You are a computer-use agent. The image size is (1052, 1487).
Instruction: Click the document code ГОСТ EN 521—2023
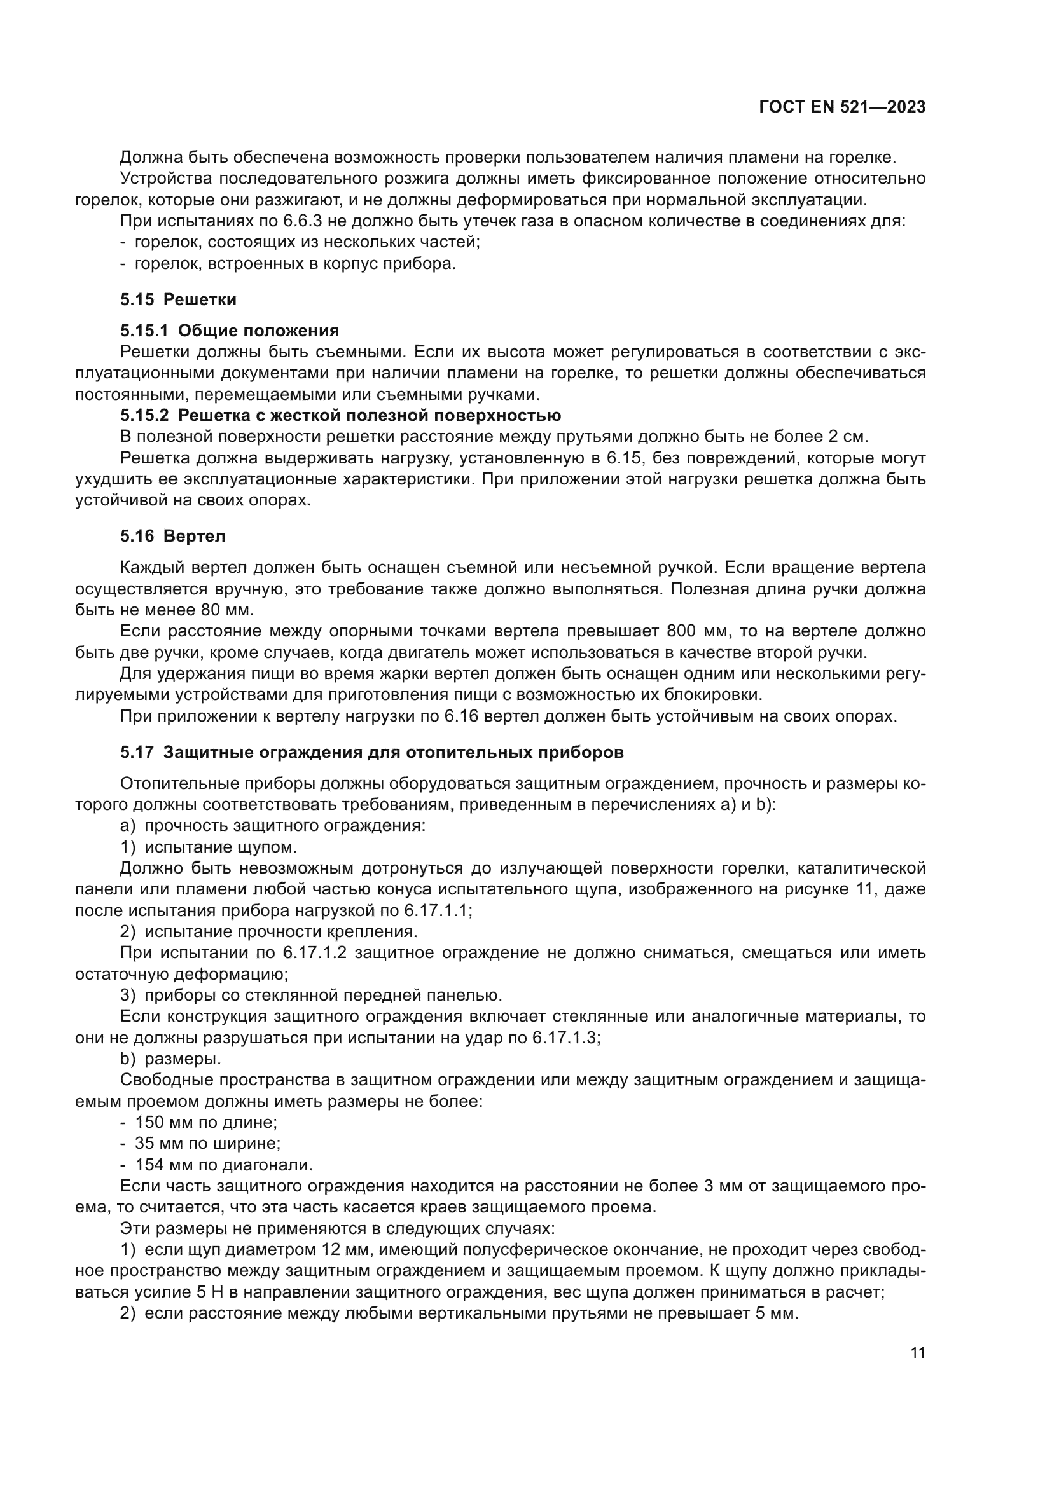click(x=841, y=107)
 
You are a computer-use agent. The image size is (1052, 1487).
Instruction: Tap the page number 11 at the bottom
click(x=917, y=1353)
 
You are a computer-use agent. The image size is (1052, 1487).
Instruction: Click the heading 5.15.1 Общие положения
click(x=230, y=331)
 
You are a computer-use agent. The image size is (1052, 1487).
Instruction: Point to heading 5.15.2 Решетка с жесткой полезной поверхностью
click(x=340, y=415)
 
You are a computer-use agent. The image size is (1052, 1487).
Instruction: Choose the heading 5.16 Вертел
click(x=172, y=537)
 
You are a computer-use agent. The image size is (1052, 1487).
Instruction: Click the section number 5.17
click(x=137, y=753)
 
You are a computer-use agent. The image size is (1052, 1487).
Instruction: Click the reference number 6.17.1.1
click(x=434, y=910)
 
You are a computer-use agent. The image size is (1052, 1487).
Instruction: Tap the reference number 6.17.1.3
click(x=563, y=1038)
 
